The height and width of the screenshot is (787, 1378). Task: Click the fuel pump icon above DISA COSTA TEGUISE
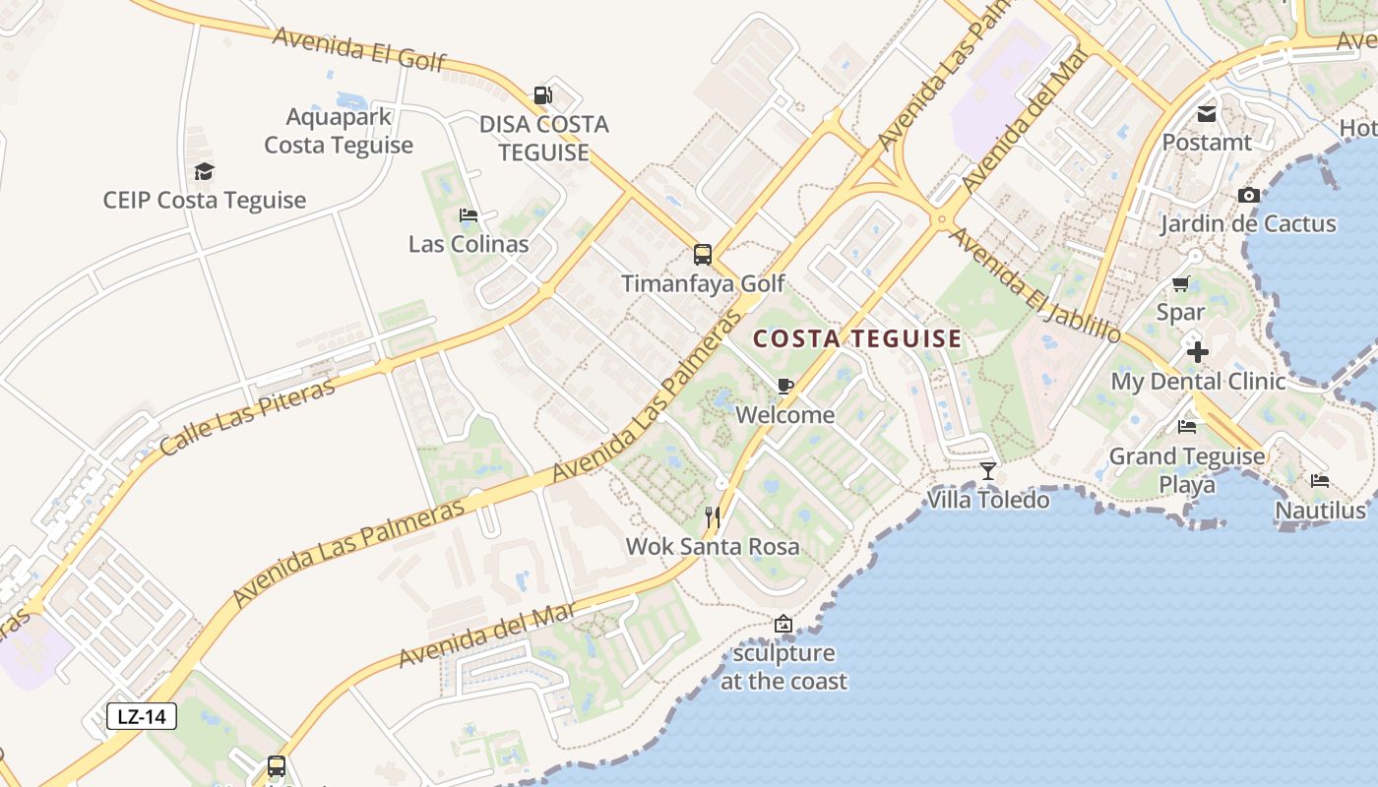click(x=542, y=95)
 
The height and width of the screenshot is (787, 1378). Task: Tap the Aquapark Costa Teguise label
click(x=339, y=131)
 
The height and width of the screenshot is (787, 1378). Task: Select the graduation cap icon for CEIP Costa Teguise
click(x=204, y=171)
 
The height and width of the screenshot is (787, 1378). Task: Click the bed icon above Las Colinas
click(x=469, y=215)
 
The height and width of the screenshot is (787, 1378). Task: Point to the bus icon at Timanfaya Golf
click(x=703, y=255)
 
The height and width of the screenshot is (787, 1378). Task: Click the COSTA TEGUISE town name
click(x=857, y=339)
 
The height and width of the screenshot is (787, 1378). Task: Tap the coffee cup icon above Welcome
click(x=784, y=386)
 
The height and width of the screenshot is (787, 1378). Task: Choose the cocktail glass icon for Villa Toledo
click(x=988, y=471)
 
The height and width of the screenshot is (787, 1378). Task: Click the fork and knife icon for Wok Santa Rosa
click(x=714, y=516)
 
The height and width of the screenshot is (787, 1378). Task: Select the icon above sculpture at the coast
click(x=783, y=624)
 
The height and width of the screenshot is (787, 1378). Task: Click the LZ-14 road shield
click(x=142, y=716)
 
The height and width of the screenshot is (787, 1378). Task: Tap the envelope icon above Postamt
click(x=1207, y=114)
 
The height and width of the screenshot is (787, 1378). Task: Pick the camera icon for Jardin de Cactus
click(x=1248, y=195)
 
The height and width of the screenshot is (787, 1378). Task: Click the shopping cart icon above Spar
click(x=1180, y=284)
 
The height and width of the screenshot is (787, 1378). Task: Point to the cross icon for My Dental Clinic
click(x=1197, y=352)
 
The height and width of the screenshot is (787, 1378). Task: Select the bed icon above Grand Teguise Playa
click(x=1187, y=427)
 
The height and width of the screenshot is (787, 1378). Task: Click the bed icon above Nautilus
click(x=1320, y=481)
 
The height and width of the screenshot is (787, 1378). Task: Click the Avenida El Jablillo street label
click(x=1035, y=285)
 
